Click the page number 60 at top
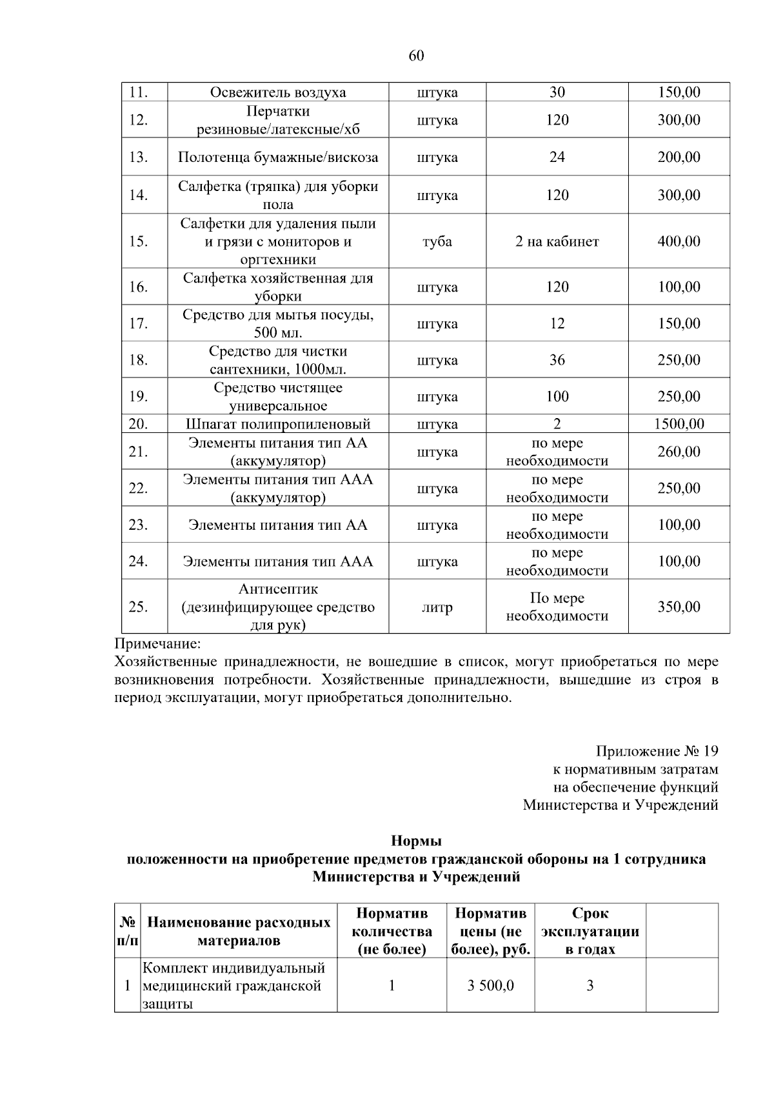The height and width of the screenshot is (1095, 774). tap(416, 56)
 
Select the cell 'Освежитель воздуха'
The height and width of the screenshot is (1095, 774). tap(278, 92)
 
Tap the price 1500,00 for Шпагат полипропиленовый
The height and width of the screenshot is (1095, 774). tap(679, 424)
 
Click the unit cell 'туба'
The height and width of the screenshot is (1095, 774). tap(437, 241)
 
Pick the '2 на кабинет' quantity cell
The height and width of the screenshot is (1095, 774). tap(557, 241)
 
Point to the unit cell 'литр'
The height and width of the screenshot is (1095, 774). tap(437, 607)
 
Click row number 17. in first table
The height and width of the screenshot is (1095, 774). tap(138, 323)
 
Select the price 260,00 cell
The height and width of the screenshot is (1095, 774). tap(679, 452)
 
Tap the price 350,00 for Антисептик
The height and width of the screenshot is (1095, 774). tap(679, 607)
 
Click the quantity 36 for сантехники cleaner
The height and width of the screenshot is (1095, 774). tap(557, 360)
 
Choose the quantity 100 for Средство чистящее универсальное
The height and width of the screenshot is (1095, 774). tap(557, 396)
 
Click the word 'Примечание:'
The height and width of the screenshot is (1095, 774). tap(158, 644)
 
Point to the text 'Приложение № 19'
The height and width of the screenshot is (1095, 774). tap(657, 751)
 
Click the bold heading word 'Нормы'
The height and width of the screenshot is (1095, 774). tap(416, 841)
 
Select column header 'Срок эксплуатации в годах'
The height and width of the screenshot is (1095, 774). tap(590, 931)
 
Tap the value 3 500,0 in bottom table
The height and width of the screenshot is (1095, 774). tap(491, 985)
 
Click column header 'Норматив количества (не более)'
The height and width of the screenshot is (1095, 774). tap(392, 931)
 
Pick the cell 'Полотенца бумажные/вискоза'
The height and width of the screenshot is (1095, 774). tap(278, 157)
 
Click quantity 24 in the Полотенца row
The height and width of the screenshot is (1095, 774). tap(557, 157)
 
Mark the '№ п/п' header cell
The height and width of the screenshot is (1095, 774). tap(127, 931)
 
